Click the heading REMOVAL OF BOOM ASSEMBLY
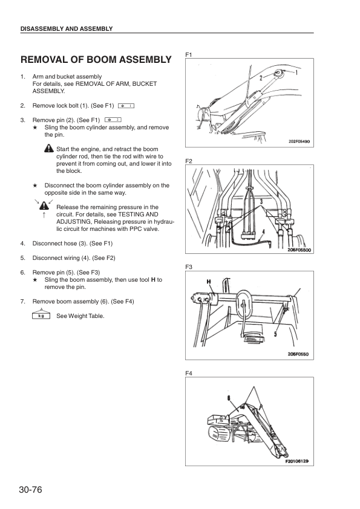96,60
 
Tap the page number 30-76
34,488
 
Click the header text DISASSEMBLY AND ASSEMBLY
67,28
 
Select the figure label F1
189,55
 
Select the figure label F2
189,161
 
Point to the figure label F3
189,267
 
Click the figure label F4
189,373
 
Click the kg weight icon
41,316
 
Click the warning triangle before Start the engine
49,149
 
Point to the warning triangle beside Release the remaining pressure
44,206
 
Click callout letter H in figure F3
209,282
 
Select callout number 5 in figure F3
275,332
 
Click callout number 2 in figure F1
261,78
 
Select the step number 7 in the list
22,301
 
